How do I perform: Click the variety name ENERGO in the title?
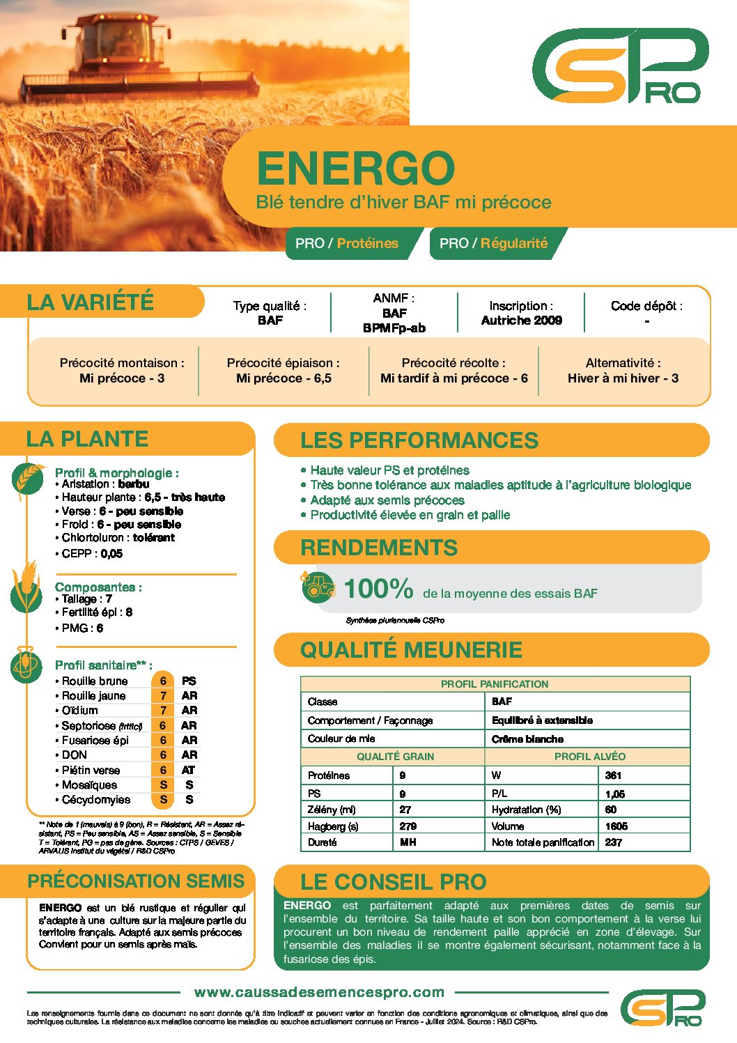(x=355, y=168)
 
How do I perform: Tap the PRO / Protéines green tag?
(x=347, y=243)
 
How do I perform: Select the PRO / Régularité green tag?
(x=493, y=243)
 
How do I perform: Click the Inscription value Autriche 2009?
(x=521, y=320)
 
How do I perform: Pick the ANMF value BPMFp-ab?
(x=394, y=328)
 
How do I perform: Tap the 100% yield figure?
(x=378, y=589)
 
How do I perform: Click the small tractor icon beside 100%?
(x=318, y=586)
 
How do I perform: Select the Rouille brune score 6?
(x=163, y=681)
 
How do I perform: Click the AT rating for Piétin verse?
(x=188, y=770)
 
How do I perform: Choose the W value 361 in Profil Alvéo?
(x=614, y=775)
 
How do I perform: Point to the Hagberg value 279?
(x=408, y=826)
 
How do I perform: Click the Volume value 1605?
(x=616, y=826)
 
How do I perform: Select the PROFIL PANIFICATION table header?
(x=495, y=684)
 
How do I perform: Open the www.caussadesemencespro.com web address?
(x=320, y=992)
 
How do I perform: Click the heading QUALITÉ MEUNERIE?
(x=411, y=649)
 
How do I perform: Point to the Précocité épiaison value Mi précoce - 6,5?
(x=284, y=378)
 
